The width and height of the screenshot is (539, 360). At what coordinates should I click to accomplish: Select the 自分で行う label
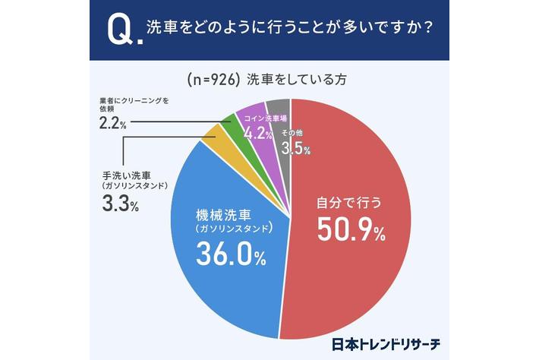[x=349, y=204]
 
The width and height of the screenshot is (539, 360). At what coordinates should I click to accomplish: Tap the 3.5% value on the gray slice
[x=295, y=149]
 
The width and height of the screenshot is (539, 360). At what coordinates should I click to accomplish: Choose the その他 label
[x=294, y=134]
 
